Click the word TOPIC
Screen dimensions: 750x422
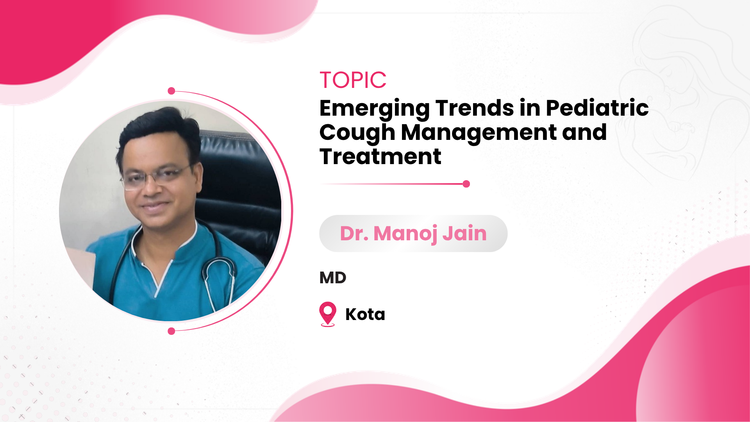tap(353, 80)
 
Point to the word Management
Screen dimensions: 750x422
tap(479, 133)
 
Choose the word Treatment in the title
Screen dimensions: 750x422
tap(380, 156)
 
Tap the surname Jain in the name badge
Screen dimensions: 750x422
tap(464, 233)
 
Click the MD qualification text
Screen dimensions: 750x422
tap(333, 278)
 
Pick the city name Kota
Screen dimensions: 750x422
tap(365, 314)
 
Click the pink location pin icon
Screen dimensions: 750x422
tap(328, 314)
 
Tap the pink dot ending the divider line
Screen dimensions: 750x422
tap(466, 184)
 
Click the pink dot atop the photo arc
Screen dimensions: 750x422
tap(171, 91)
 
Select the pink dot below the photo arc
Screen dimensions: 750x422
tap(171, 331)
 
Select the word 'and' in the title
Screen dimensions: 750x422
tap(584, 132)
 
